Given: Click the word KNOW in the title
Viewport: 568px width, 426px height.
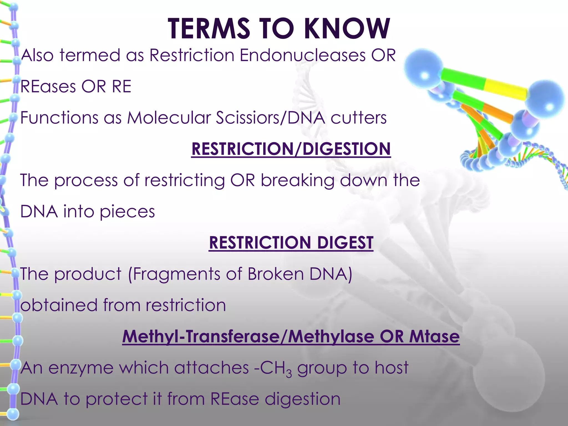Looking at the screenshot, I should coord(347,29).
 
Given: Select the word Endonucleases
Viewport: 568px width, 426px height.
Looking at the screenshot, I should coord(303,55).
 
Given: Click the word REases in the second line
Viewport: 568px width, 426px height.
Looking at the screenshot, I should coord(48,87).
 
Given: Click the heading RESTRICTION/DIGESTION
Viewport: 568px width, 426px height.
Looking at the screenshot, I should coord(291,149).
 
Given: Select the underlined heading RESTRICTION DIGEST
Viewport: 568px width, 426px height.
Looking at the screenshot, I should coord(291,243).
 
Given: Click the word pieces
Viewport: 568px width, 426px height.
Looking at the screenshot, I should coord(127,212).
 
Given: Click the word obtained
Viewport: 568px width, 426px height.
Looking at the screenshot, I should coord(59,305).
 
